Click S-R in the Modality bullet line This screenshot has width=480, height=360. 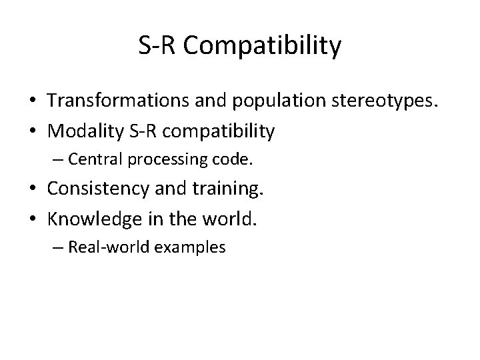(146, 132)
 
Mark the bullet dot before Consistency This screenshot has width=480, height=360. (32, 190)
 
